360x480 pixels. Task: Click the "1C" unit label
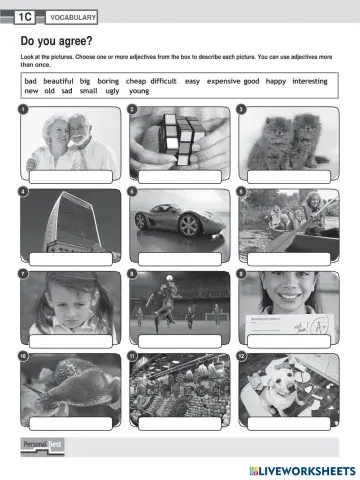pyautogui.click(x=25, y=17)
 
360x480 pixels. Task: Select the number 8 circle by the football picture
pyautogui.click(x=132, y=273)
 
